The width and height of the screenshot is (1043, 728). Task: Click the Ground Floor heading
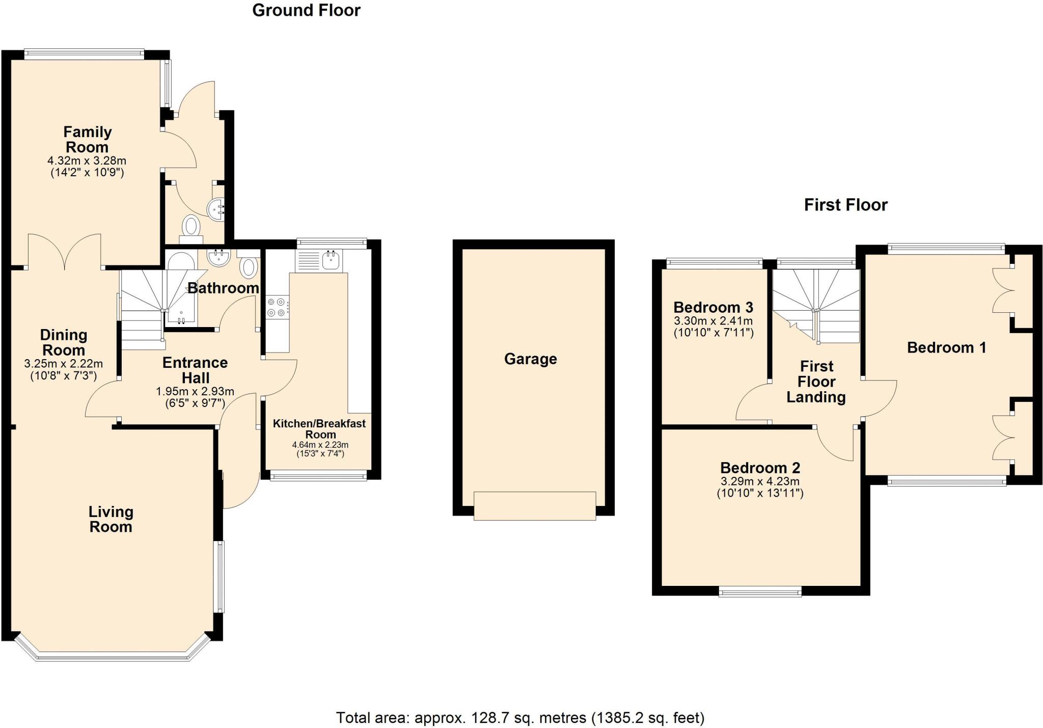click(x=306, y=11)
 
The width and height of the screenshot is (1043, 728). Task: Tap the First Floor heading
click(x=845, y=205)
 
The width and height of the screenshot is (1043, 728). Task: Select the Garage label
click(x=530, y=359)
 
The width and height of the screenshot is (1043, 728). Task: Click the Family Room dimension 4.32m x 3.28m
click(x=87, y=161)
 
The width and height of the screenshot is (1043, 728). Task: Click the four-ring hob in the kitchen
click(x=277, y=307)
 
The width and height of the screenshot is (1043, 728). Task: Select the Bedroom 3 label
click(x=713, y=307)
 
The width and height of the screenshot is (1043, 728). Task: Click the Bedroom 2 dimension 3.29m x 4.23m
click(x=760, y=481)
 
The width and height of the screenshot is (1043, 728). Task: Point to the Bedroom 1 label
click(x=946, y=348)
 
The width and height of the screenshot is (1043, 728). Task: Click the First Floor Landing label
click(x=816, y=382)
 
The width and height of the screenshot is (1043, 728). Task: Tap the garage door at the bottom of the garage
click(x=534, y=505)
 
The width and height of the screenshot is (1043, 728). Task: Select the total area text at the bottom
click(x=520, y=718)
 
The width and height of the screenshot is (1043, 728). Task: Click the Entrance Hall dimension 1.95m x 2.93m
click(x=195, y=392)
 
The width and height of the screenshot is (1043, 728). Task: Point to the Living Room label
click(x=111, y=519)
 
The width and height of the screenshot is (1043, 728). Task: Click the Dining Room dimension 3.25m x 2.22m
click(x=63, y=364)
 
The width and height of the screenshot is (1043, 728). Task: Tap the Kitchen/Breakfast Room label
click(x=319, y=429)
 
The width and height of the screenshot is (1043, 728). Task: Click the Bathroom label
click(x=223, y=288)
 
